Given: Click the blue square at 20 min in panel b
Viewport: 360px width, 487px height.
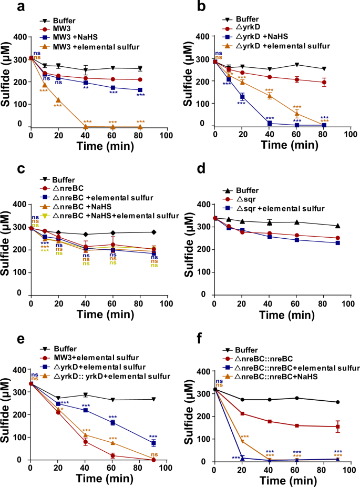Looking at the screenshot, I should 242,96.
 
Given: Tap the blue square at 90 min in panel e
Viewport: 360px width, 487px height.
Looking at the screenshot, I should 153,443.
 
